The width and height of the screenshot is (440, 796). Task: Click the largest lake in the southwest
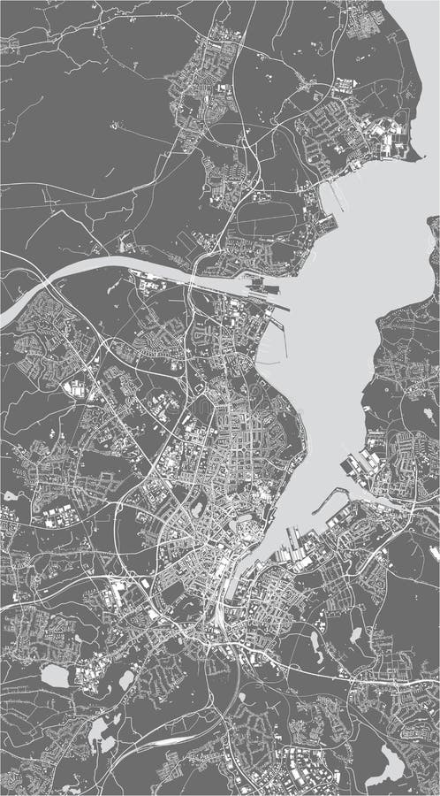click(x=55, y=677)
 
